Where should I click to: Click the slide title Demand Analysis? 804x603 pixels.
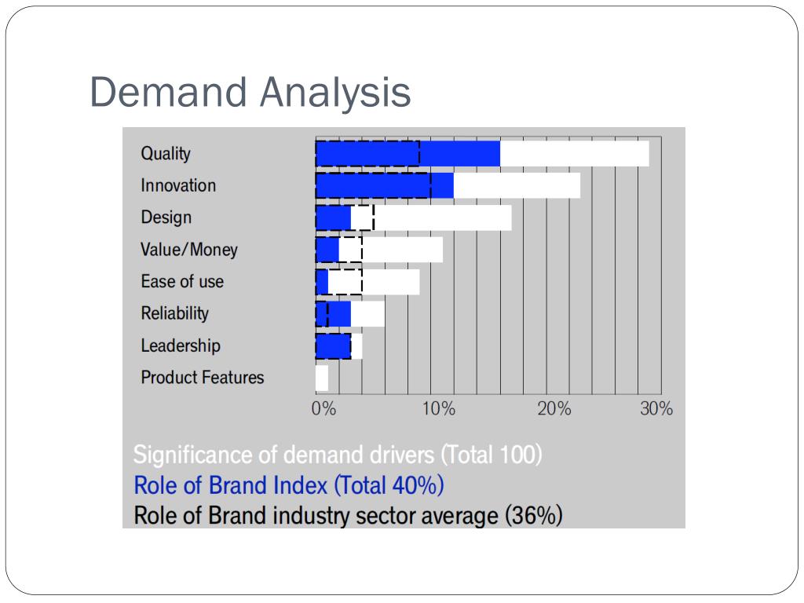(x=250, y=93)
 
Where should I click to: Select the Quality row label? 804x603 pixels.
(x=166, y=154)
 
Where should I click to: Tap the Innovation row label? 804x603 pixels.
(x=178, y=186)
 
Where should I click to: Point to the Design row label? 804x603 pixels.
(x=166, y=217)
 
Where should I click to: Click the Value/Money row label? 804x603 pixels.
(x=188, y=250)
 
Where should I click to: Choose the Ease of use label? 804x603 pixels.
(x=181, y=282)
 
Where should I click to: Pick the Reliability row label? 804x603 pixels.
(x=174, y=313)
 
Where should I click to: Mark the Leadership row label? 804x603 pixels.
(x=180, y=345)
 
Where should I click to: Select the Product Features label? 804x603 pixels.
(x=202, y=378)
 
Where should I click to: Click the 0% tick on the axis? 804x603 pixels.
(x=323, y=409)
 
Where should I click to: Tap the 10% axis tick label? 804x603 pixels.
(x=438, y=409)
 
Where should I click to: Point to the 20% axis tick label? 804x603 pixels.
(x=554, y=409)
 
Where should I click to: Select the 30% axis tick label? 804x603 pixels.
(x=656, y=409)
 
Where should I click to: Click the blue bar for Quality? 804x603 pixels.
(x=407, y=154)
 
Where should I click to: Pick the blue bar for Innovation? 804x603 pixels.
(x=384, y=185)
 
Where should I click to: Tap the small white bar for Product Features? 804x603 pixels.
(x=322, y=378)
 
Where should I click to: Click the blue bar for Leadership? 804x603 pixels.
(x=333, y=345)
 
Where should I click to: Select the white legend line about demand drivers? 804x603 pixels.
(x=338, y=455)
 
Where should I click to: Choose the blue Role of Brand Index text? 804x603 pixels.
(x=289, y=485)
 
